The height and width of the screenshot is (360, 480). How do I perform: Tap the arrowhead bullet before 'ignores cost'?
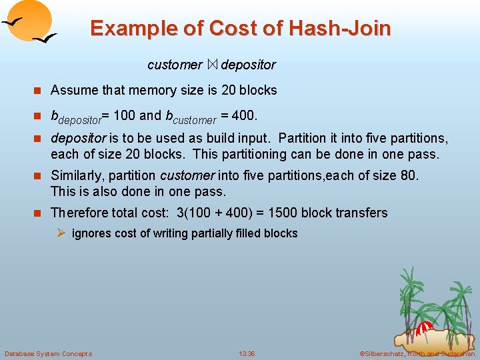coord(62,233)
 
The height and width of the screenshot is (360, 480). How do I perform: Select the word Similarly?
coord(78,176)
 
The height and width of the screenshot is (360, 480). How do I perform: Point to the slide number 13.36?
coord(247,353)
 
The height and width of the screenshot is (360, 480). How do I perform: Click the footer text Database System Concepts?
coord(48,353)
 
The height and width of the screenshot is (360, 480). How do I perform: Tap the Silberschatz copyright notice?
coord(417,353)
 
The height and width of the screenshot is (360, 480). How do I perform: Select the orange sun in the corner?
coord(30,20)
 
